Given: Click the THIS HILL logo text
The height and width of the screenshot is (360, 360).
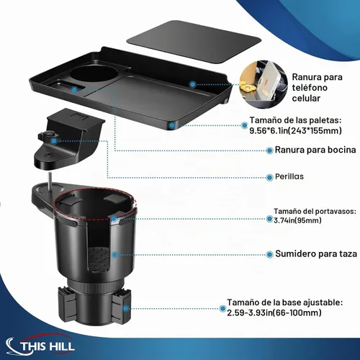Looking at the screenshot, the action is coord(48,346).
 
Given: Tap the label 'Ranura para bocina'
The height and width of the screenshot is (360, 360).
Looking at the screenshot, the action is coord(315,150).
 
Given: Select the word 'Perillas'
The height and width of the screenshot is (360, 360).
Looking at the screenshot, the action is coord(289,176).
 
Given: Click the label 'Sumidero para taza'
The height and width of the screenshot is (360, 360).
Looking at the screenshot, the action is coord(316,253).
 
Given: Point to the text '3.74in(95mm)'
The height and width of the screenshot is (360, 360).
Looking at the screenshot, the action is coord(297,220).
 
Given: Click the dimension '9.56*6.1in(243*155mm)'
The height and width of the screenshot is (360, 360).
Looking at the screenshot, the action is coord(295,130).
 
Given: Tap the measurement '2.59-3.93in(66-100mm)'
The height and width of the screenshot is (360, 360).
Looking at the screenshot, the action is coord(274,312).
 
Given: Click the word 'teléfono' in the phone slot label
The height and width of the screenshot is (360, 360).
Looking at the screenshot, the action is coord(310,88).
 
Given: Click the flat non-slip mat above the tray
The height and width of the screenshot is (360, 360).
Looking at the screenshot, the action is coord(194,42).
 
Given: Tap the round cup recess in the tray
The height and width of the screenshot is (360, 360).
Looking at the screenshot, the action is coord(94,74).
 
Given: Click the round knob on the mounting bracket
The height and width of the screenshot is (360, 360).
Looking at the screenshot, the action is coord(47,136).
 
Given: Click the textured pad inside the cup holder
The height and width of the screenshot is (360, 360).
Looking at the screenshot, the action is coord(99,259).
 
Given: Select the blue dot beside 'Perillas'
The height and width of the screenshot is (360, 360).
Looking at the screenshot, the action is coord(270,178).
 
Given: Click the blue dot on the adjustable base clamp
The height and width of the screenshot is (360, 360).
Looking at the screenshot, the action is coord(125,308).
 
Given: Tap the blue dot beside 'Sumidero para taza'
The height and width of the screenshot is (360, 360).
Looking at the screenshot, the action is coord(270,254).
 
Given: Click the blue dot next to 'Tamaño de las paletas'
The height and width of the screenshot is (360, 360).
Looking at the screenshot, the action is coord(245,125).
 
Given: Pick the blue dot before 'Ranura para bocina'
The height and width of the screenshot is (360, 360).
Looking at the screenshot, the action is coord(270,150).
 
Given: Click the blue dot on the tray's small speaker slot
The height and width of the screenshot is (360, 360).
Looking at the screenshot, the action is coord(75,90).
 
